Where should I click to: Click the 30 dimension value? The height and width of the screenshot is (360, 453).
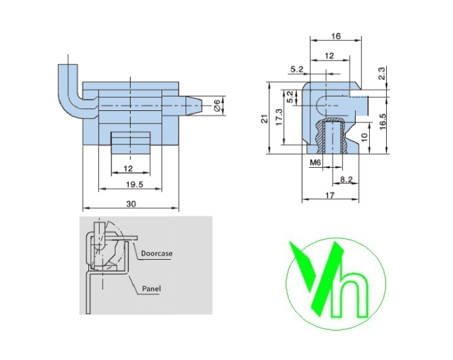coord(131,204)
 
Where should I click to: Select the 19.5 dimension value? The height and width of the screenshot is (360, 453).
coord(134,185)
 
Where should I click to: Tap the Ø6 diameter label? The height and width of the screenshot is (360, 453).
coord(217,105)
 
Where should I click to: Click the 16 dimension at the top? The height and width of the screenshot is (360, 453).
coord(336,36)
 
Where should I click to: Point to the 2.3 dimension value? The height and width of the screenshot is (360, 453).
coord(382,73)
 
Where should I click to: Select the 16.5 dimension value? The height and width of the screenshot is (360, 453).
coord(382,122)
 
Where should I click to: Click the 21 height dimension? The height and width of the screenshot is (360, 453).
coord(264,119)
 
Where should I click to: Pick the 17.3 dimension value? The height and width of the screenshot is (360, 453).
coord(279,117)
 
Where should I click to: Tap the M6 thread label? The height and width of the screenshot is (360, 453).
coord(315,163)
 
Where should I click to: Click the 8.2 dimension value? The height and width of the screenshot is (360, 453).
coord(346,180)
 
